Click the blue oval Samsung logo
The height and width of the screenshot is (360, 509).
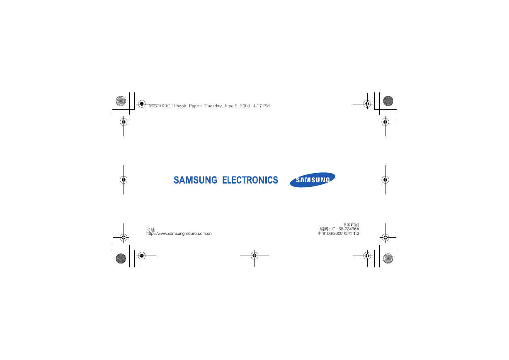[x=313, y=180]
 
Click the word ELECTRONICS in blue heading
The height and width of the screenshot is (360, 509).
[x=250, y=180]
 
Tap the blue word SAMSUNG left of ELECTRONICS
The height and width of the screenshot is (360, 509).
[x=195, y=180]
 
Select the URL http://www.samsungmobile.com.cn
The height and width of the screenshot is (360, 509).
[x=179, y=234]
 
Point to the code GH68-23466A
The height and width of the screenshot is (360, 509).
[x=346, y=229]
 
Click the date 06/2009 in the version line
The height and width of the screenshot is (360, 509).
[x=335, y=234]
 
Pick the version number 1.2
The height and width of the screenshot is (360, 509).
[x=356, y=234]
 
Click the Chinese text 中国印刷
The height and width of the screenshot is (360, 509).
[x=351, y=225]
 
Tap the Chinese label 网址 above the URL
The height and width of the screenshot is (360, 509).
[x=150, y=230]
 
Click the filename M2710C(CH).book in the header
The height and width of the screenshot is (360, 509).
[x=167, y=106]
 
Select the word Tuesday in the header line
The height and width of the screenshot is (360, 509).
[x=213, y=106]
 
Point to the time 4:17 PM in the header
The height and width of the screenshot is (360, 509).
[x=261, y=106]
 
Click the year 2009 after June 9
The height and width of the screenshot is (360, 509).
[x=245, y=106]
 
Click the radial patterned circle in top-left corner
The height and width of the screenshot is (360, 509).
[x=121, y=101]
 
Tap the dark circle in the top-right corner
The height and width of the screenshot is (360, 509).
[x=388, y=101]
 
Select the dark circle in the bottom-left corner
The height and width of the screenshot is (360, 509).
[x=121, y=259]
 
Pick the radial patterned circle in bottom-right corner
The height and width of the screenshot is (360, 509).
[x=388, y=259]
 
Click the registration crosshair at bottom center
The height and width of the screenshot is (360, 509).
[x=254, y=256]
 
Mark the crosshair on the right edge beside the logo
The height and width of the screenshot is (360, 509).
[x=385, y=180]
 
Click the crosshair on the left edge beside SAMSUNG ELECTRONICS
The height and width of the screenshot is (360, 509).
[x=124, y=180]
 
